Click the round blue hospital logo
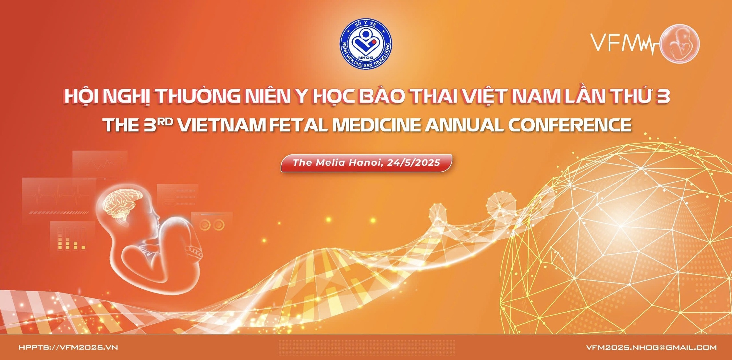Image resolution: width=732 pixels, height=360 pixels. [x=366, y=44]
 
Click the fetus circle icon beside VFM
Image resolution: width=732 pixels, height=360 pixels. [x=680, y=43]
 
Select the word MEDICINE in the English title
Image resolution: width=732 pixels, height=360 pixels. [x=377, y=125]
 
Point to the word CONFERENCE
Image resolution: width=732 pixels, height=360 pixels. [x=570, y=125]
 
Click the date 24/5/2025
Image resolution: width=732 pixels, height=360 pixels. [x=414, y=162]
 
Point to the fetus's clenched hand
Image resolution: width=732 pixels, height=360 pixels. [x=194, y=251]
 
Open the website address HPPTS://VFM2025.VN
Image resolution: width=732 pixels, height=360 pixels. [x=68, y=347]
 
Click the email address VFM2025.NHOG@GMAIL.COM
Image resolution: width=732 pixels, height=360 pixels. [x=651, y=347]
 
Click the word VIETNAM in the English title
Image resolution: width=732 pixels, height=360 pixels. [x=222, y=125]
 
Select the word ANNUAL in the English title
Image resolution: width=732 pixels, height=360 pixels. [x=465, y=125]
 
